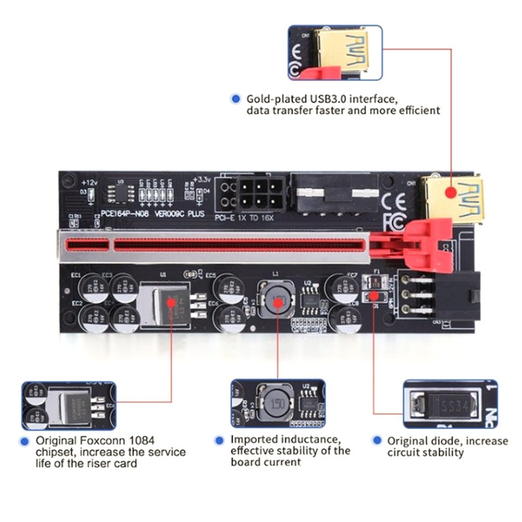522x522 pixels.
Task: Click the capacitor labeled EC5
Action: (x=226, y=287)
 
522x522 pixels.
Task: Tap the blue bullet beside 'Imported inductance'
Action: (x=220, y=440)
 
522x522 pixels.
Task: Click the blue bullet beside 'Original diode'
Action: (x=376, y=440)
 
